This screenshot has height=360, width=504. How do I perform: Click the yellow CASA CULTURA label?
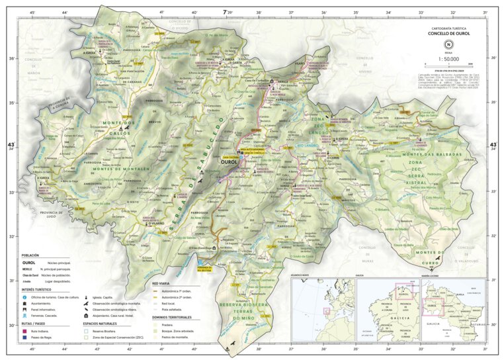(230, 149)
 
